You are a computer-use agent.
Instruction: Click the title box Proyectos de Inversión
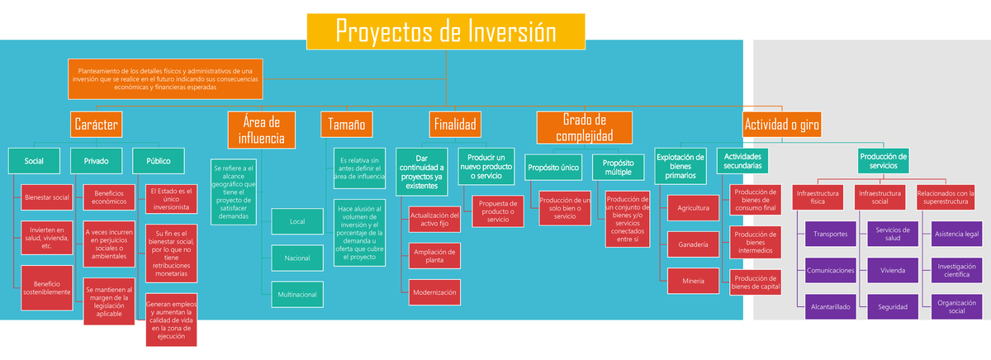point(446,31)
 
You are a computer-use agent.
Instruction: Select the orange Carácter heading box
point(97,125)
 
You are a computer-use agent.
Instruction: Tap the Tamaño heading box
point(346,125)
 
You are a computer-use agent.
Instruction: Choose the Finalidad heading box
point(454,125)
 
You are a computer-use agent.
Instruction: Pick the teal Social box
point(35,161)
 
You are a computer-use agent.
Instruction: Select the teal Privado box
point(96,161)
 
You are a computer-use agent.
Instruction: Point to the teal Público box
point(158,161)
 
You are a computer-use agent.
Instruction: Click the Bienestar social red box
point(46,198)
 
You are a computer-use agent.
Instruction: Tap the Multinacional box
point(296,294)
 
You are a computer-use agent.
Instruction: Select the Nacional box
point(296,258)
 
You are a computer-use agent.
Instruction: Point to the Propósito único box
point(554,168)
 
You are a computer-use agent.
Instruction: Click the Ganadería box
point(692,245)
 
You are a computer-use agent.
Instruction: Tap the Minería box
point(692,282)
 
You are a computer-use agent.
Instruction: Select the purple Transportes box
point(830,234)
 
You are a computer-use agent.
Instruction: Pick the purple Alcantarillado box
point(830,306)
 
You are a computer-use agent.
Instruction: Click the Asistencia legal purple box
point(956,234)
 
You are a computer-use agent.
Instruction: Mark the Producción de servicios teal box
point(883,161)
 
